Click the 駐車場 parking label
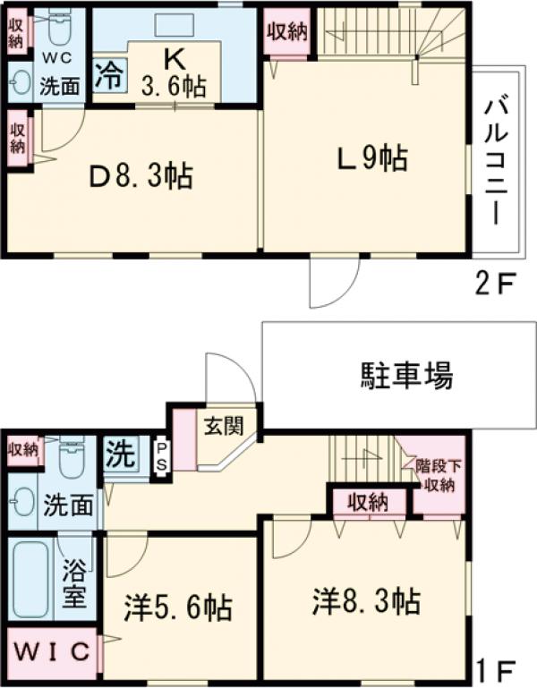tap(406, 374)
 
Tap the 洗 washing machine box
tap(120, 454)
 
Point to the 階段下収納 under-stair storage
tap(437, 475)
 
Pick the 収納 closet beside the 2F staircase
tap(286, 32)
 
